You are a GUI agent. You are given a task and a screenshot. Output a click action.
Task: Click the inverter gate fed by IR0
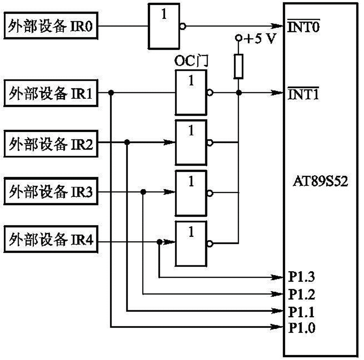click(164, 26)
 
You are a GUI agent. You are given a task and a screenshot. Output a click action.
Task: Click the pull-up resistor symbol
click(238, 66)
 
